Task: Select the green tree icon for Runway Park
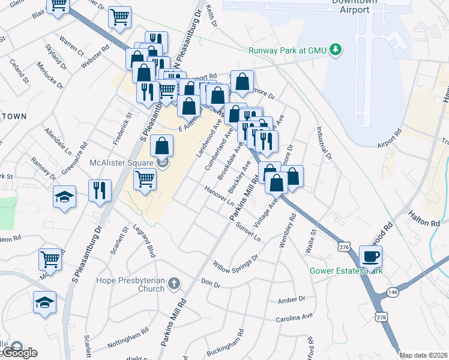[337, 50]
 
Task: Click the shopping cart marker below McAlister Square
[145, 179]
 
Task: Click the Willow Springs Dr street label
[236, 262]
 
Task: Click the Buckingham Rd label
[225, 341]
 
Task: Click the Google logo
[19, 353]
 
